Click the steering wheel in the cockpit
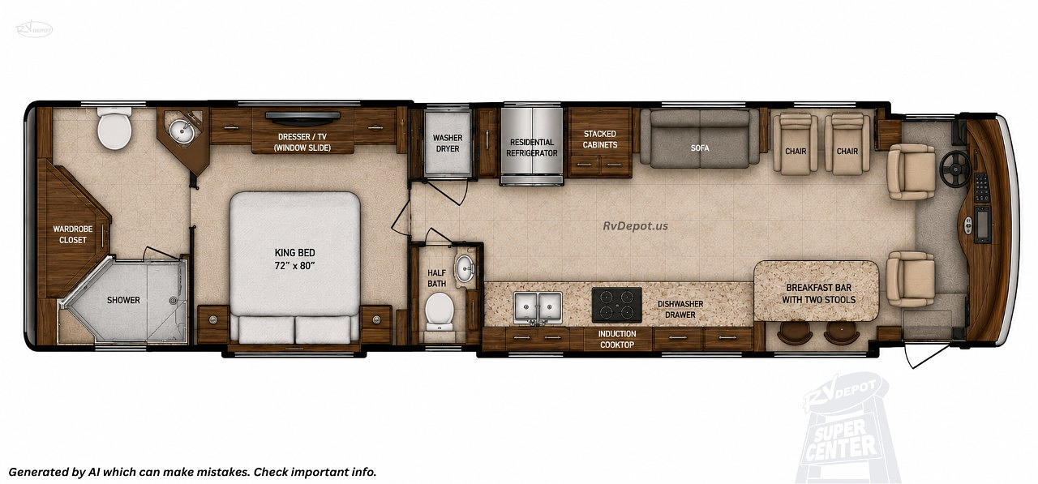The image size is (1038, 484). pyautogui.click(x=955, y=169)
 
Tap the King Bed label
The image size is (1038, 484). pyautogui.click(x=294, y=259)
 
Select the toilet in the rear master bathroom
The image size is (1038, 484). pyautogui.click(x=114, y=127)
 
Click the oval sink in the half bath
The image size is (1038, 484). pyautogui.click(x=465, y=268)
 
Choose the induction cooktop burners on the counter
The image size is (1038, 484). pyautogui.click(x=617, y=305)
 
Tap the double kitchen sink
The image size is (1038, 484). pyautogui.click(x=538, y=308)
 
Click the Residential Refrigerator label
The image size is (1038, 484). pyautogui.click(x=531, y=148)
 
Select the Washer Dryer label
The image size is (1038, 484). pyautogui.click(x=447, y=143)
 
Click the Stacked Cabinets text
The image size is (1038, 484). pyautogui.click(x=599, y=139)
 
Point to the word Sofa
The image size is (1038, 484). pyautogui.click(x=700, y=148)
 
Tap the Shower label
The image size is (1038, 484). pyautogui.click(x=123, y=300)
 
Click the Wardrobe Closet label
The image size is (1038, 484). pyautogui.click(x=73, y=234)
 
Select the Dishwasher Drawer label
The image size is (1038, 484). pyautogui.click(x=680, y=309)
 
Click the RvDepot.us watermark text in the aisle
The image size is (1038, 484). pyautogui.click(x=635, y=226)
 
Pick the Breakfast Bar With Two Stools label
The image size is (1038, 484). pyautogui.click(x=819, y=293)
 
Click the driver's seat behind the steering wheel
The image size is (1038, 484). pyautogui.click(x=911, y=172)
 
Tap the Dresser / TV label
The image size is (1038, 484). pyautogui.click(x=302, y=142)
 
